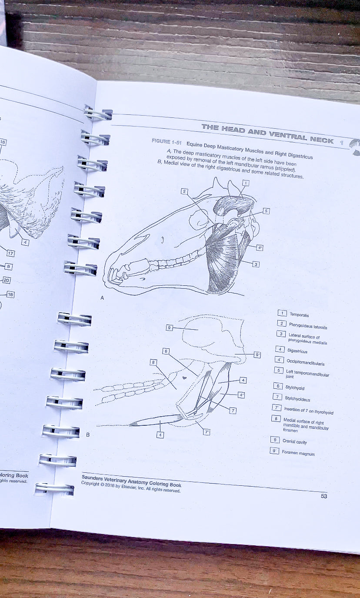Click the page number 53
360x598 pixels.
(x=324, y=496)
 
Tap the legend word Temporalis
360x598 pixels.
(x=299, y=314)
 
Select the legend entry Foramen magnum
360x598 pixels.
(x=298, y=453)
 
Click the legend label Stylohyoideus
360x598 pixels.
(x=297, y=398)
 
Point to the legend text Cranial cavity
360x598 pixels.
(x=294, y=441)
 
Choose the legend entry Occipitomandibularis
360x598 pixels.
(x=305, y=362)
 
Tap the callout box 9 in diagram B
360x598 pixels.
(x=170, y=327)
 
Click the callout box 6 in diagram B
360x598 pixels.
(x=166, y=351)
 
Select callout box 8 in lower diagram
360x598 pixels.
(x=153, y=362)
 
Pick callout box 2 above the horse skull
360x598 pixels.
(x=184, y=191)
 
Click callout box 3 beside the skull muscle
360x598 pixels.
(x=256, y=264)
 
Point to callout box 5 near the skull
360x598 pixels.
(x=266, y=211)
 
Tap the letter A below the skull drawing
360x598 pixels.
(x=102, y=298)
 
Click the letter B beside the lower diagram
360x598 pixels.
(x=88, y=435)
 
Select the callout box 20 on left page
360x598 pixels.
(x=7, y=281)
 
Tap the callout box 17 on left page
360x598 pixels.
(x=10, y=254)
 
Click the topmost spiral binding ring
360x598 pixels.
(x=98, y=114)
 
